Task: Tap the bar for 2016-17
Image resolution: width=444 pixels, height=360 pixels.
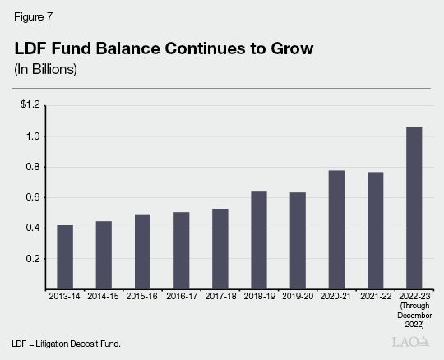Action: [x=181, y=251]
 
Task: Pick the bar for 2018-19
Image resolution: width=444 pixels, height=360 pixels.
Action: [x=258, y=239]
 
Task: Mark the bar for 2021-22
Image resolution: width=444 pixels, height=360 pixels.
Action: [x=374, y=230]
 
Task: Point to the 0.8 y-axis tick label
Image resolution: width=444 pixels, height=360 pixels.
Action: [x=33, y=167]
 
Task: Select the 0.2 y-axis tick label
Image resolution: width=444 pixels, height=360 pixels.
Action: [x=33, y=258]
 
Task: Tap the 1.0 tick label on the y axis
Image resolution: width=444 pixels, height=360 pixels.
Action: [x=33, y=136]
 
